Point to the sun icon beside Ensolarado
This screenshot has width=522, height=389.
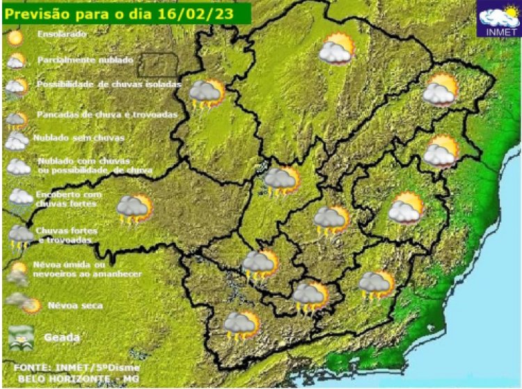click(x=15, y=38)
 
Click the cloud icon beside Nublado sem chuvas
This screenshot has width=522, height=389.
click(x=17, y=141)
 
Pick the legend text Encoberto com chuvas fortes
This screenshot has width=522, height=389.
click(x=68, y=199)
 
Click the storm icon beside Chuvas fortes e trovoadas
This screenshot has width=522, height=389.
click(x=19, y=236)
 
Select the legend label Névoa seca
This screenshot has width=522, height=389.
click(x=75, y=305)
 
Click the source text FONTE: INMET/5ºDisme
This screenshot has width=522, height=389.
click(x=76, y=367)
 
